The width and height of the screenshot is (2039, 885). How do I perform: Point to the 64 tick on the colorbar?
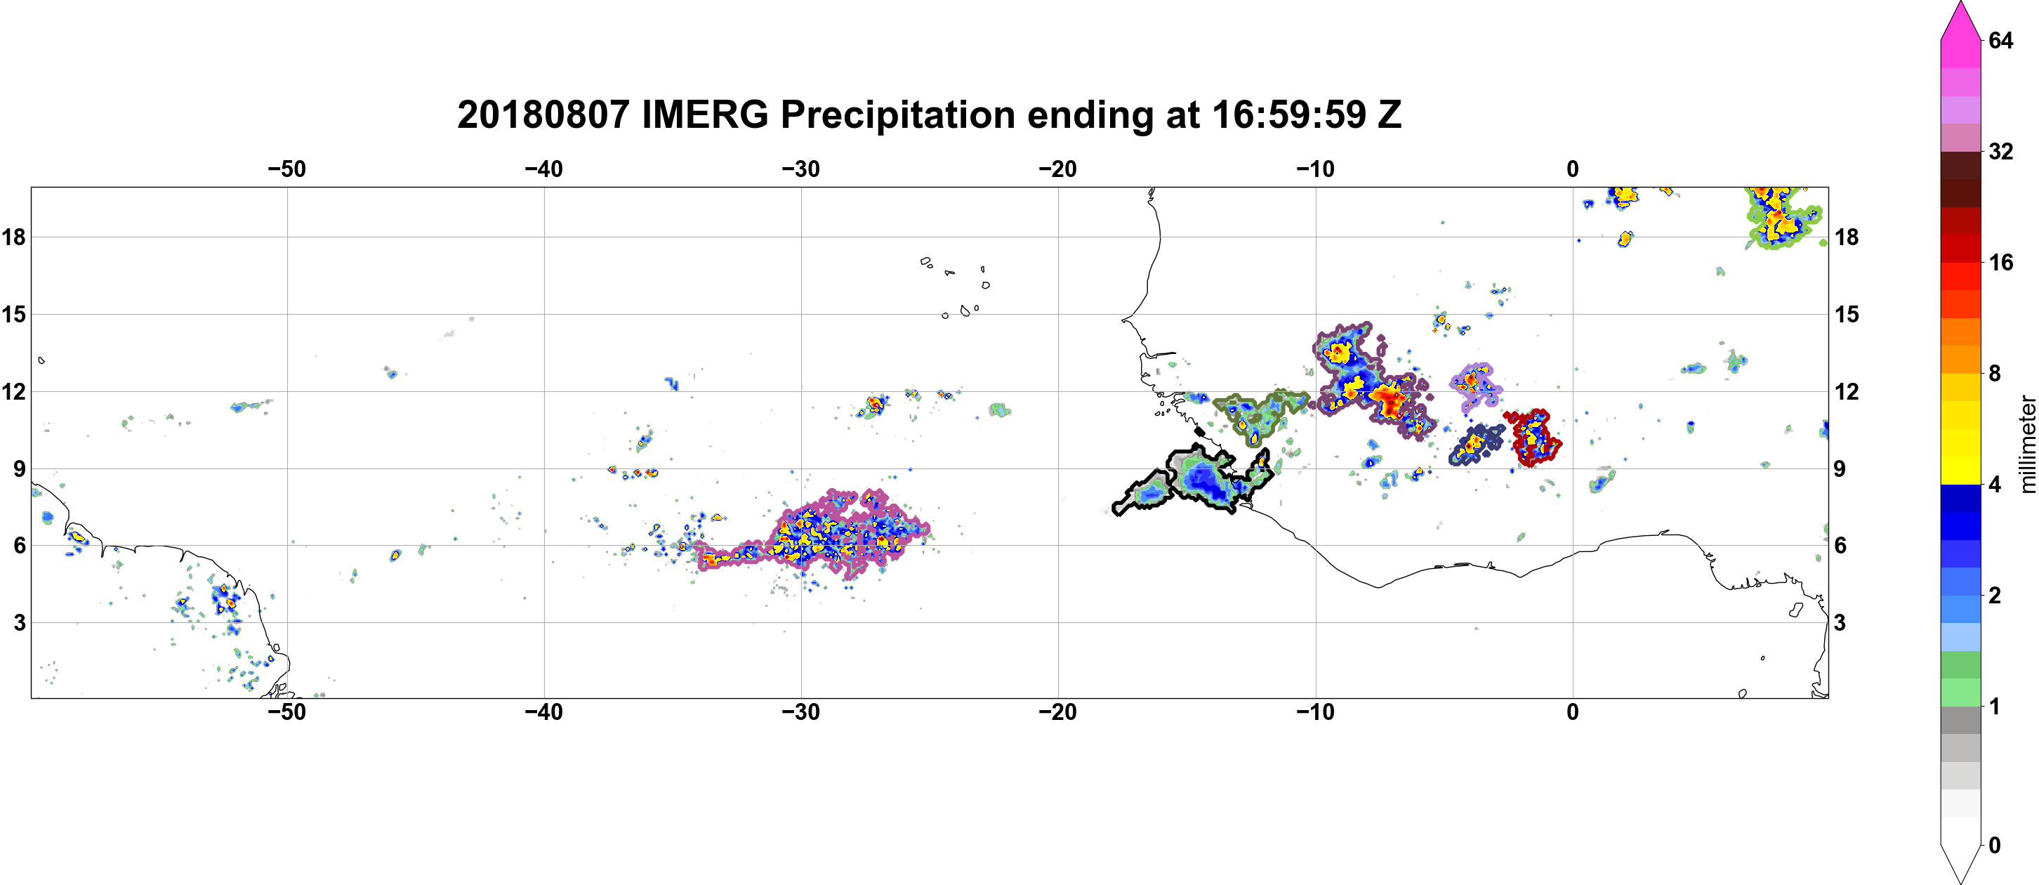(x=2000, y=40)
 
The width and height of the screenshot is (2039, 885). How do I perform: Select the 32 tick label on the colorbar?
(x=2000, y=151)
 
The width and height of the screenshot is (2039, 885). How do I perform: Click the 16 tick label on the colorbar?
(x=2000, y=262)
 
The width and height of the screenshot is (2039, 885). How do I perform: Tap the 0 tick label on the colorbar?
(x=1995, y=846)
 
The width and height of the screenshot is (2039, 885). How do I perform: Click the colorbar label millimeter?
(x=2027, y=444)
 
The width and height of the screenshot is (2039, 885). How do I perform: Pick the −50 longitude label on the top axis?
(x=286, y=169)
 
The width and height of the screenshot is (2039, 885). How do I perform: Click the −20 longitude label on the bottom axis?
(x=1058, y=712)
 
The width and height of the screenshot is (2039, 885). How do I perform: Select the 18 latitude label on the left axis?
(x=13, y=237)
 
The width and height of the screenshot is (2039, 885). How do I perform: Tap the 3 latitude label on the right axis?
(x=1840, y=623)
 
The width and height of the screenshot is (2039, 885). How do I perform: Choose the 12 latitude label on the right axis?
(x=1847, y=392)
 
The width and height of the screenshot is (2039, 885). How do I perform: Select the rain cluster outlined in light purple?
(x=1474, y=385)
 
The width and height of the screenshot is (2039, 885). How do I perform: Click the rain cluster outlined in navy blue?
(x=1474, y=444)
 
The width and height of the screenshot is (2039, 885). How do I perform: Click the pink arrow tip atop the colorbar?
(x=1960, y=4)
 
